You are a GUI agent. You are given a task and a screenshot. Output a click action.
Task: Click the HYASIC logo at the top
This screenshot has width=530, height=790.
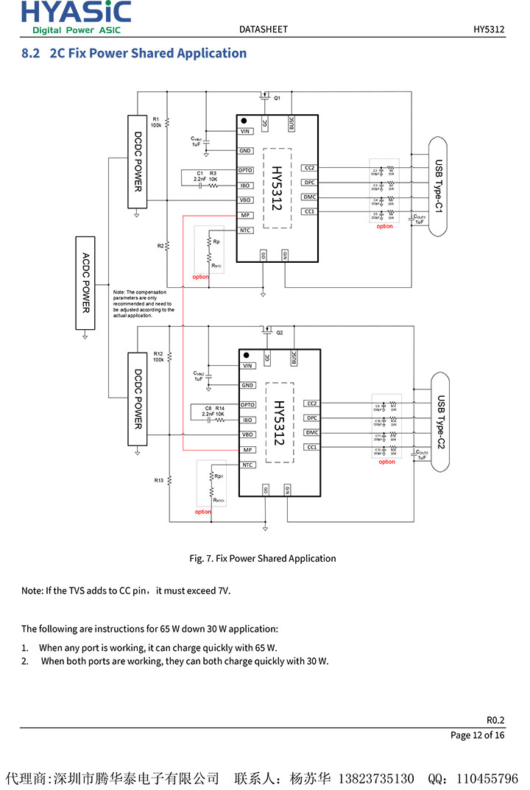(x=76, y=17)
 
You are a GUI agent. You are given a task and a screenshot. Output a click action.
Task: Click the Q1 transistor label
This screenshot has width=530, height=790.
(x=278, y=98)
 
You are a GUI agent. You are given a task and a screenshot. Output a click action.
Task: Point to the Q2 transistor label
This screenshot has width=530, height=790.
(x=280, y=333)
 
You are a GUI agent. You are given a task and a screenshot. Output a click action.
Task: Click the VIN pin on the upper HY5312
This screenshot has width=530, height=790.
(x=246, y=132)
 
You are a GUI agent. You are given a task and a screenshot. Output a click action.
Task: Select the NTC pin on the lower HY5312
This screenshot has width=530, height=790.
(x=248, y=465)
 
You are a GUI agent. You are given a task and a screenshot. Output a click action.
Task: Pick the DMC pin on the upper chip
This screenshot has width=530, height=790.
(x=310, y=197)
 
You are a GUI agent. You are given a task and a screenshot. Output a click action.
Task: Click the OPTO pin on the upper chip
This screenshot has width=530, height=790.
(x=246, y=171)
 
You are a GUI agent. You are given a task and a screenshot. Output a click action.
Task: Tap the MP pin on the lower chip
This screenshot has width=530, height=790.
(x=248, y=450)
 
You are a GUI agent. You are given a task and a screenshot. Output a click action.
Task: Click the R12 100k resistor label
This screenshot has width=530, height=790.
(x=158, y=356)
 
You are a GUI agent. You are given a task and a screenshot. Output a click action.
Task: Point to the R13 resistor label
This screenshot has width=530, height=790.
(x=158, y=480)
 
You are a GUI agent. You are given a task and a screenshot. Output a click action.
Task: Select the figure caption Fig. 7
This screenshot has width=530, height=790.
(x=263, y=558)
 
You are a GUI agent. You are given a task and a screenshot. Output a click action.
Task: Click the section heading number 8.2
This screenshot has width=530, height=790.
(x=30, y=53)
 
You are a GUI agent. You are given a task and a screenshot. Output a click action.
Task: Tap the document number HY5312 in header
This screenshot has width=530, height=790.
(x=489, y=29)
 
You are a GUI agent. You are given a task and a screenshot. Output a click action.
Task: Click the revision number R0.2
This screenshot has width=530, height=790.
(x=495, y=721)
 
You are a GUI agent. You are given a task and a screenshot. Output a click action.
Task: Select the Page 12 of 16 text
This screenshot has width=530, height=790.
(x=477, y=735)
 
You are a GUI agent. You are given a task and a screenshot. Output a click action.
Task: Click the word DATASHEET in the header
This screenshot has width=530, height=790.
(x=264, y=29)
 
